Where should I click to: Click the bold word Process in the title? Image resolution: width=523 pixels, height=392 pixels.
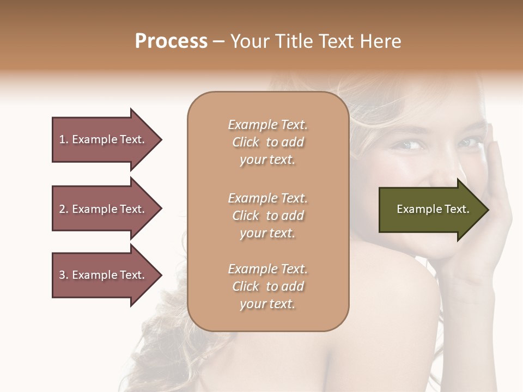(x=171, y=41)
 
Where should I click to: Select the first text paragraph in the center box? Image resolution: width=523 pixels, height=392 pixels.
(x=267, y=142)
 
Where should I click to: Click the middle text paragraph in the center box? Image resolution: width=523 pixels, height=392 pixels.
(x=267, y=216)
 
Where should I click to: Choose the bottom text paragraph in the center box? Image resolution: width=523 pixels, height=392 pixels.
(x=267, y=286)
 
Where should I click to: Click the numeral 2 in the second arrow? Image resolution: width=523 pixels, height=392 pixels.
(x=62, y=209)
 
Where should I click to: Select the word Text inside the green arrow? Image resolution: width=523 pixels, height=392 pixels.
(x=457, y=209)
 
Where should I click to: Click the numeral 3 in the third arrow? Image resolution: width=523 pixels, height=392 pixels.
(x=62, y=275)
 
